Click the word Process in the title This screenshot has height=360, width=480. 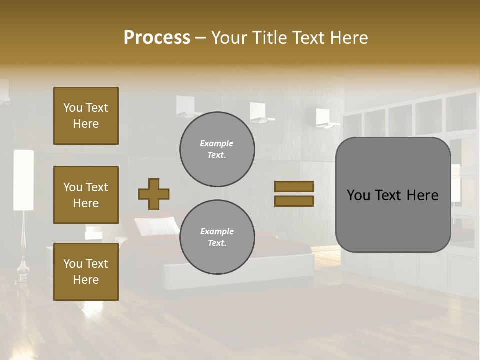click(x=157, y=38)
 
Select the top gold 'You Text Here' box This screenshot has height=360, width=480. click(x=86, y=116)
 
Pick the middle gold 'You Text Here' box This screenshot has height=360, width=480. click(x=86, y=195)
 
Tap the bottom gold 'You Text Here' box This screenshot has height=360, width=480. click(x=86, y=272)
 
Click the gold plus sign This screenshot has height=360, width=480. click(x=154, y=194)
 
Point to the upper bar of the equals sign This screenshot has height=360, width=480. click(x=294, y=186)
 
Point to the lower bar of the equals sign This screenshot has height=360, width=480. click(x=294, y=201)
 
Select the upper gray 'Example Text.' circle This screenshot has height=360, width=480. click(x=217, y=149)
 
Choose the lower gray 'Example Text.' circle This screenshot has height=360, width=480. click(x=217, y=237)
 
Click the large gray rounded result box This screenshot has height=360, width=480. click(x=393, y=195)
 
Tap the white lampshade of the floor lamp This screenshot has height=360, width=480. click(x=24, y=180)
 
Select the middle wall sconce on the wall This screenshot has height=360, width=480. click(x=259, y=113)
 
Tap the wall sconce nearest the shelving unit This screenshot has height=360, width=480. click(x=325, y=118)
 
